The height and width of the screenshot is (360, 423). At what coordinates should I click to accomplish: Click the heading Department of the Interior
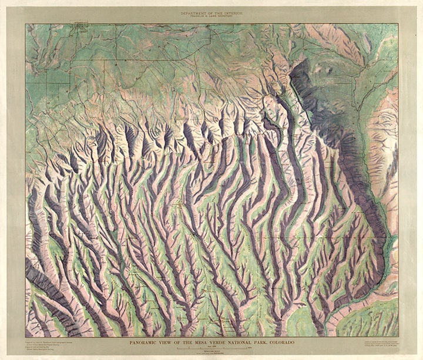[x=211, y=12]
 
